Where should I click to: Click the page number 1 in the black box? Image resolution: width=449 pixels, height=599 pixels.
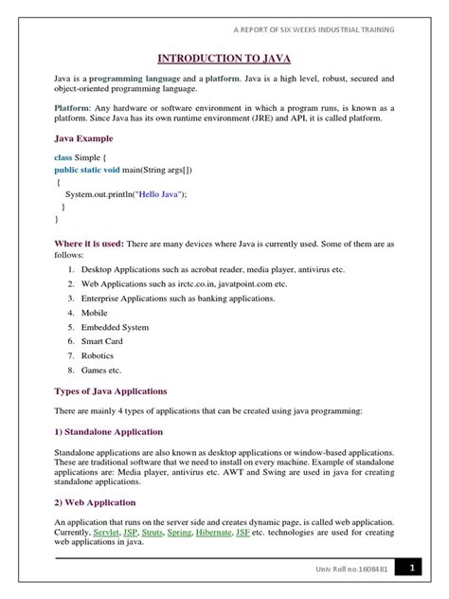click(412, 568)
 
